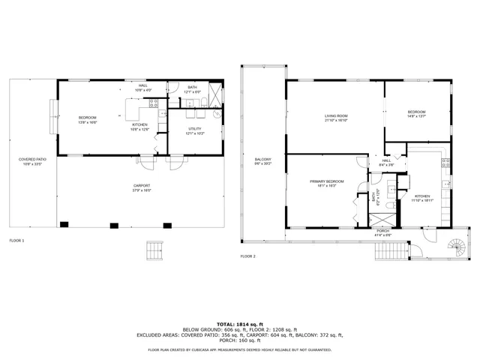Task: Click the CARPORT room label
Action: [142, 185]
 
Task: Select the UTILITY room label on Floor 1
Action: [194, 129]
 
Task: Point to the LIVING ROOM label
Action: [335, 115]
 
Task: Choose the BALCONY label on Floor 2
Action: [262, 159]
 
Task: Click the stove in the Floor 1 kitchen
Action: [153, 103]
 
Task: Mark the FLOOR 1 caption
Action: [16, 241]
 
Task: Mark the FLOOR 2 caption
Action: [248, 256]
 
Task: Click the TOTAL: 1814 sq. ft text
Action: [239, 324]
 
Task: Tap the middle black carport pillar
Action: [114, 224]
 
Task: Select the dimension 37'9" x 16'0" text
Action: [142, 190]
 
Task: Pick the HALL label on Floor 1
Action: [142, 85]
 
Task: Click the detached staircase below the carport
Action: [155, 248]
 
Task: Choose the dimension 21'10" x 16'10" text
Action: [335, 120]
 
